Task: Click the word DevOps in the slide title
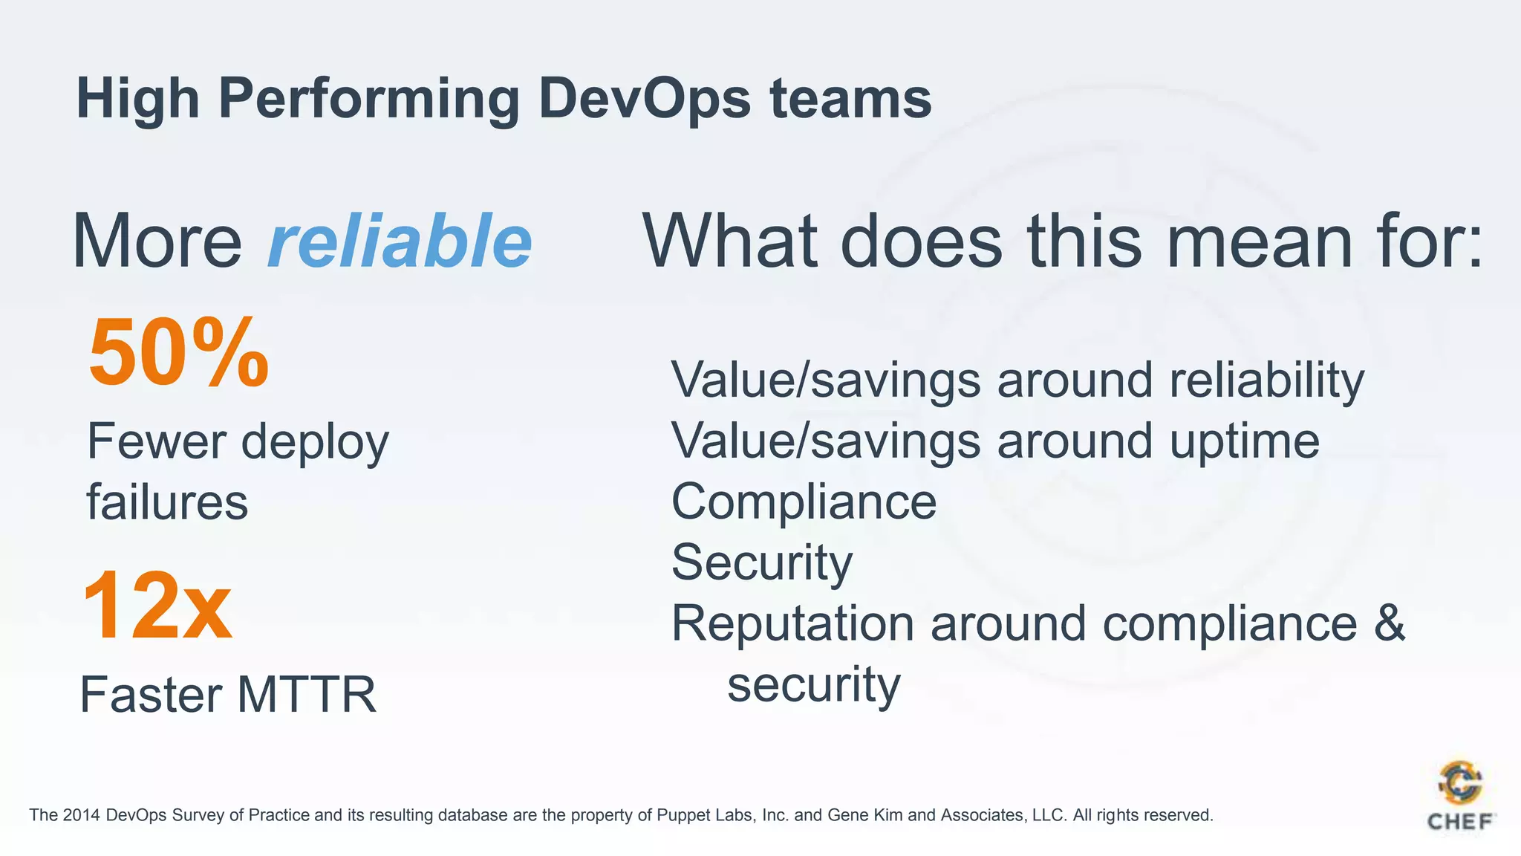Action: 645,99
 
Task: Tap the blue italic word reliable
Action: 400,241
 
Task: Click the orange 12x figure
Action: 157,605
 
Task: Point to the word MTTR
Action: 307,695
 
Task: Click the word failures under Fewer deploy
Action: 167,502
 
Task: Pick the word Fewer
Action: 156,441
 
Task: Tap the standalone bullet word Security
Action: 762,562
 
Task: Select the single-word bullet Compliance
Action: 804,502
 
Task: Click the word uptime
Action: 1245,441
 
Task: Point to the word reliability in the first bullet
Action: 1266,380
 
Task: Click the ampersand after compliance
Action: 1389,623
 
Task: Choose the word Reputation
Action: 792,623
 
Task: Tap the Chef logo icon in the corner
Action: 1460,783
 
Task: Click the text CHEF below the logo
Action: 1460,822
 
